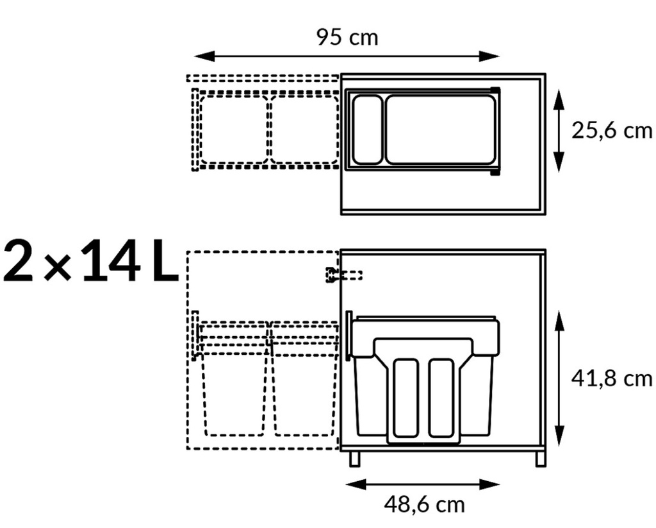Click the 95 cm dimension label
[347, 37]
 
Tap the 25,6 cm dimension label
[612, 131]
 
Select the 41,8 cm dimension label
[612, 379]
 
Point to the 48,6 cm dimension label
[424, 504]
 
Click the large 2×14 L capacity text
[91, 260]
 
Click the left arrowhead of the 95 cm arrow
[204, 56]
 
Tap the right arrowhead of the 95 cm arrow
[489, 56]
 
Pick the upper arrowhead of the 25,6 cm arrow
[559, 99]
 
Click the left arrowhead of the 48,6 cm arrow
[356, 485]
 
